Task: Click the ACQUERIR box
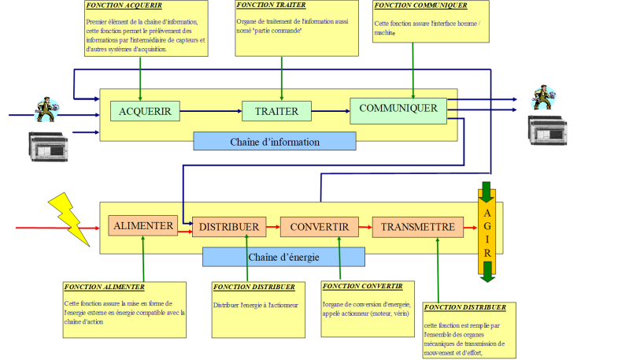tap(145, 111)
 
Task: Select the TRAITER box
tap(276, 111)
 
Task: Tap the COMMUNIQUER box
tap(398, 107)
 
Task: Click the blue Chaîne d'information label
tap(275, 142)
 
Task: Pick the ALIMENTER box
tap(143, 226)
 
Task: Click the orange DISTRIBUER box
tap(228, 228)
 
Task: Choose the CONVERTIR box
tap(319, 228)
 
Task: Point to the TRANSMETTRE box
tap(417, 227)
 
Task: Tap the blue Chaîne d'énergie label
tap(283, 257)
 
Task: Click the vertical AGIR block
tap(487, 232)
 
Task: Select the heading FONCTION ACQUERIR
tap(124, 6)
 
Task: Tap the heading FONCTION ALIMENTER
tap(105, 287)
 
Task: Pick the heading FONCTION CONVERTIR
tap(362, 286)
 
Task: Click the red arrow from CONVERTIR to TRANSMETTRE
tap(365, 228)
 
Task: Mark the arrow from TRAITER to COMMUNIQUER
tap(330, 111)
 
